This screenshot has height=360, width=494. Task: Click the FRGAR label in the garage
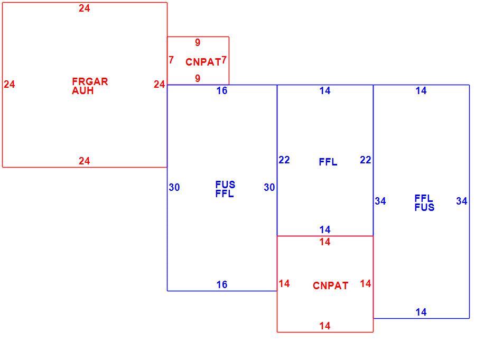click(x=90, y=81)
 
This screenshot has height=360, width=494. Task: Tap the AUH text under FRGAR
click(x=82, y=91)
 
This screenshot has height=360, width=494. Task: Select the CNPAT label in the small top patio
click(x=203, y=62)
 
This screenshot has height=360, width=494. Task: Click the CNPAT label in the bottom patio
click(x=331, y=285)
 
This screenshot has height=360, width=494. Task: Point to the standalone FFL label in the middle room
click(x=328, y=162)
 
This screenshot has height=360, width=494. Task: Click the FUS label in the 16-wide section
click(x=225, y=184)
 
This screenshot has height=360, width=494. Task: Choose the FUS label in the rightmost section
click(x=424, y=207)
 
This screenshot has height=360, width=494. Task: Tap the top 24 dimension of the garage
click(x=85, y=8)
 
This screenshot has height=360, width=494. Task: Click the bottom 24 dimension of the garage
click(x=85, y=161)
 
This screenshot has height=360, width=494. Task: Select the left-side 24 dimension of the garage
click(x=10, y=85)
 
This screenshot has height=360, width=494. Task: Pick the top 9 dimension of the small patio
click(x=198, y=42)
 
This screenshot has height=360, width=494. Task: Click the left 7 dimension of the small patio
click(x=171, y=60)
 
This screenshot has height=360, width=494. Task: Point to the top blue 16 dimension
click(x=222, y=91)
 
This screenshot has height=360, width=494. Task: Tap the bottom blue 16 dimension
click(x=222, y=284)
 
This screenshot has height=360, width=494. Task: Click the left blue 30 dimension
click(x=174, y=188)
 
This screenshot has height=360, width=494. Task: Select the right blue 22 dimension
click(x=366, y=160)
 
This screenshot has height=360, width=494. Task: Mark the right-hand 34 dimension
click(x=462, y=201)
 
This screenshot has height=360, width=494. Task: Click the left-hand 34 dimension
click(x=380, y=201)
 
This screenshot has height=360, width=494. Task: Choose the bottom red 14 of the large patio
click(x=325, y=326)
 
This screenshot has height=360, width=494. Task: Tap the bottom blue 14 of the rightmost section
click(x=421, y=312)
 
